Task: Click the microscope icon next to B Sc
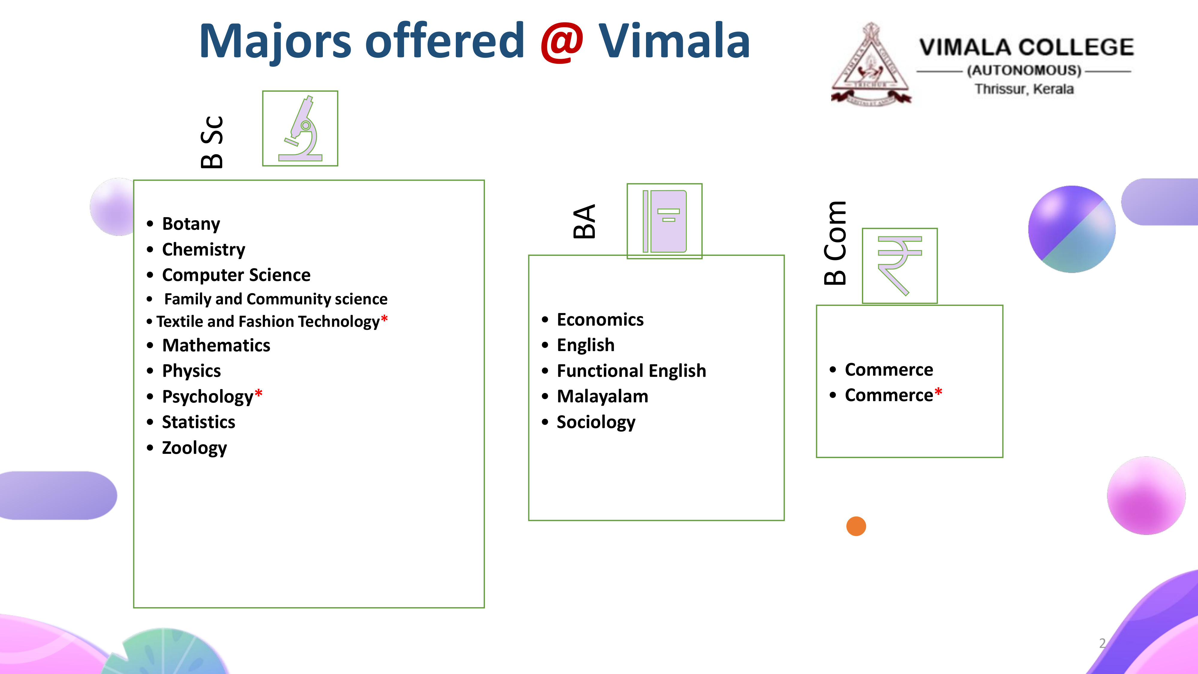pos(300,129)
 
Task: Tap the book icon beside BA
pos(665,221)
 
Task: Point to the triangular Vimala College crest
pos(871,64)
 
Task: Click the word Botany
pos(191,224)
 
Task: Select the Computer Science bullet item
pos(236,275)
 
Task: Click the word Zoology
pos(194,448)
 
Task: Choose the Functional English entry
pos(631,371)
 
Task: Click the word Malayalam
pos(602,396)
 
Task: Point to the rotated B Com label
pos(835,243)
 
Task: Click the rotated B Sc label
pos(212,142)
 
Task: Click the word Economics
pos(600,320)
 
